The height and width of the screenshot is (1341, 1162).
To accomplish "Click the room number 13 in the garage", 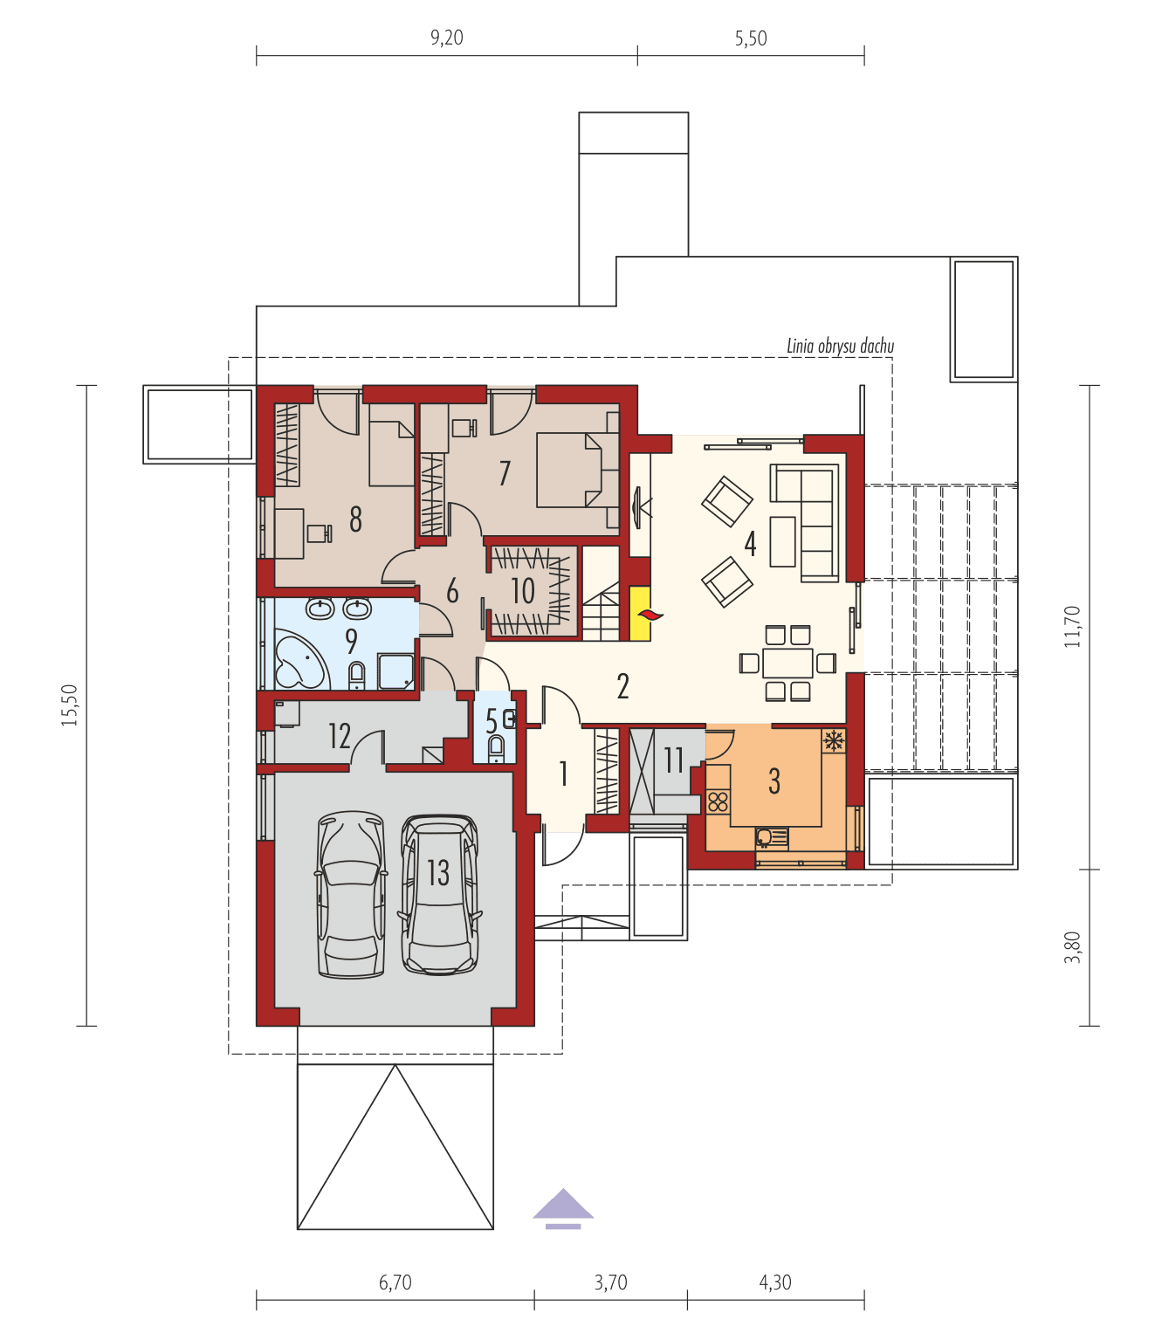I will coord(438,872).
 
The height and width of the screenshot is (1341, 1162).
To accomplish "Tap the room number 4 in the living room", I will coord(750,543).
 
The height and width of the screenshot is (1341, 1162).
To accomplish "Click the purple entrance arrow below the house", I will coord(563,1207).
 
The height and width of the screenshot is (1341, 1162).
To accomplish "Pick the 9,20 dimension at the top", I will coord(446,38).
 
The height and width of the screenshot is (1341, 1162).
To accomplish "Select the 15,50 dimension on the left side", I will coord(71,705).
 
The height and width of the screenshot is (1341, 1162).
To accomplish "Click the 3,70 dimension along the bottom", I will coord(610,1283).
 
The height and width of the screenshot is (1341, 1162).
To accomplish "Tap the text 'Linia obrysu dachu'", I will coord(840,347).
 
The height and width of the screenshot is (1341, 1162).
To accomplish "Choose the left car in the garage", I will coord(351,895).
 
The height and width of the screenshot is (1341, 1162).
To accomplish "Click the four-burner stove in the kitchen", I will coord(718,801).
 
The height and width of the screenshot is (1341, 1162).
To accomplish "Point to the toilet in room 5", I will coord(497,749).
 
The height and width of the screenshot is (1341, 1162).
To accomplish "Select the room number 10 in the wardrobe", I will coord(523,591).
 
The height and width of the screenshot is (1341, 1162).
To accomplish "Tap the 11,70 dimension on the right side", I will coord(1073,626).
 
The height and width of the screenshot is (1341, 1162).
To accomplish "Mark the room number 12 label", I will coord(340,736).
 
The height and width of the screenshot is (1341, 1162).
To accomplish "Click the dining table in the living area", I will coord(787,663).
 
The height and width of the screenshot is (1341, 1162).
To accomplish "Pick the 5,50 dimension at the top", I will coord(751,38).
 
